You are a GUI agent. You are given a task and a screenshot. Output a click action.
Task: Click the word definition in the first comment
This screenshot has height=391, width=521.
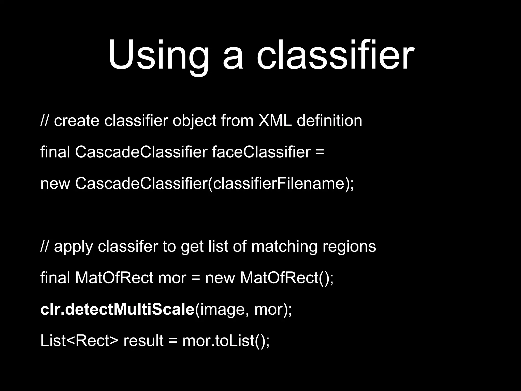pyautogui.click(x=329, y=120)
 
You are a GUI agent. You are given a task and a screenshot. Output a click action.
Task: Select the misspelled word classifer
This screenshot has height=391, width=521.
pyautogui.click(x=128, y=246)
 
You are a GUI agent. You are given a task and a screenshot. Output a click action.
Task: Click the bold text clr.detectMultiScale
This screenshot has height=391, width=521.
pyautogui.click(x=117, y=309)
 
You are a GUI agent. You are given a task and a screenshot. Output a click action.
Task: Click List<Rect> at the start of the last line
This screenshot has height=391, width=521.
pyautogui.click(x=79, y=341)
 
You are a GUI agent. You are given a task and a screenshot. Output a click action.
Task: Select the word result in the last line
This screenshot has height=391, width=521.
pyautogui.click(x=143, y=341)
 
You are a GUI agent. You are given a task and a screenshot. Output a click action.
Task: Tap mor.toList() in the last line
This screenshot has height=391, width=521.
pyautogui.click(x=226, y=341)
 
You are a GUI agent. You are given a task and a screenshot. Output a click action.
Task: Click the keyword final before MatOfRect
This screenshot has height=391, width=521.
pyautogui.click(x=55, y=278)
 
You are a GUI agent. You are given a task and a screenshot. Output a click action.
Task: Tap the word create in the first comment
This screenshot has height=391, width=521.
pyautogui.click(x=76, y=121)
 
